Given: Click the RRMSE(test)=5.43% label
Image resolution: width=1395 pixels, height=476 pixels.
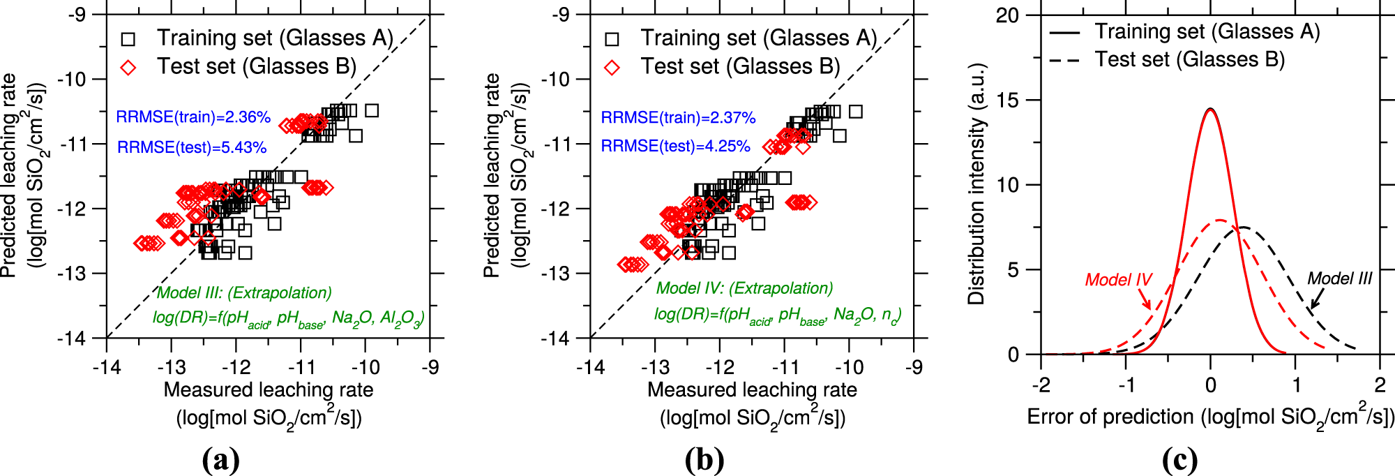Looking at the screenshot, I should coord(192,147).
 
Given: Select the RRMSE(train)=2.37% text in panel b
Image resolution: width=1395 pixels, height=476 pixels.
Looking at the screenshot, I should coord(678,118).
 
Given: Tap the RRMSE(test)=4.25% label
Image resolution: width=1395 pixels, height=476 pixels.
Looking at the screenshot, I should coord(675,147).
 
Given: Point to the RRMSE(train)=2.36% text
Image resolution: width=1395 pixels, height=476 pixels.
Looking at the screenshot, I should coord(193,117).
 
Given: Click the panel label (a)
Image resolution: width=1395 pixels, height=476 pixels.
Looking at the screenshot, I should coord(220,460).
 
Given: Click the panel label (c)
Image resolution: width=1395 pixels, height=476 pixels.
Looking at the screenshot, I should coord(1179,460).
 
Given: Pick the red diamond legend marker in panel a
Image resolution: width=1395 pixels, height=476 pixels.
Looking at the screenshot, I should coord(128,67).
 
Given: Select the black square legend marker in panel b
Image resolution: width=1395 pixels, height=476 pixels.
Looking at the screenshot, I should coord(612,38).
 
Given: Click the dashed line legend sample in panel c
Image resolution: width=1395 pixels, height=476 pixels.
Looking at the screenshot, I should coord(1064,61).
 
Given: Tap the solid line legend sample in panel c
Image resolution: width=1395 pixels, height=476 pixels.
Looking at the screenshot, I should coord(1064,33).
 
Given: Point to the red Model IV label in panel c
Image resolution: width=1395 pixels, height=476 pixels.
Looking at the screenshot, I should coord(1118,280).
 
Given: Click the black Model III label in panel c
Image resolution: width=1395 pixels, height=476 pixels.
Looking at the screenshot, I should coord(1339,278).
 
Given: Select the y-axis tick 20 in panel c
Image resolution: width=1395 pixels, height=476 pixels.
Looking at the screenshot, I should coord(1007,15).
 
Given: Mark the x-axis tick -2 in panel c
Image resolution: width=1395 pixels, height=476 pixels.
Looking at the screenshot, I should coord(1041,385).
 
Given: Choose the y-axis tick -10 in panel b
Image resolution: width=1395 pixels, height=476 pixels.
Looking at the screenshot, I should coord(555,80).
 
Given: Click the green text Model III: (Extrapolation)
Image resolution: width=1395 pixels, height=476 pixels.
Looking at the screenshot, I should coord(244,293).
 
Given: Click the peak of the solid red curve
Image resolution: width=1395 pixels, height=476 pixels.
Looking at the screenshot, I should coord(1210,109).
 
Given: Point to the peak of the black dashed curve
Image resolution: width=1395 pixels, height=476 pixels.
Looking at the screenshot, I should coord(1242,228).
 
